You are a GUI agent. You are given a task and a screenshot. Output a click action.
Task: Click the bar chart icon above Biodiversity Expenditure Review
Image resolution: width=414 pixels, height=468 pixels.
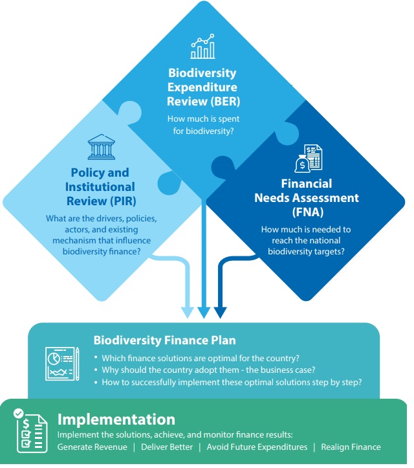203,46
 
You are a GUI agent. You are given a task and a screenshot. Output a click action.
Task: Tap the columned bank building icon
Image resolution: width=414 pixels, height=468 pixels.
102,147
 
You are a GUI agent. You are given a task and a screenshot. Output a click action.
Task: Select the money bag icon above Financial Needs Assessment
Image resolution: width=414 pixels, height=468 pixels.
309,159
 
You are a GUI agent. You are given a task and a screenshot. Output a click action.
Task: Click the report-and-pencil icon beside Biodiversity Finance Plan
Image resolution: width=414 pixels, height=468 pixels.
62,364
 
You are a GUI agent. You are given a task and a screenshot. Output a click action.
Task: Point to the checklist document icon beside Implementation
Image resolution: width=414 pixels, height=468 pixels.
30,430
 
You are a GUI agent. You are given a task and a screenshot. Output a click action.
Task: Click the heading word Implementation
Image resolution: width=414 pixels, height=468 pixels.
116,419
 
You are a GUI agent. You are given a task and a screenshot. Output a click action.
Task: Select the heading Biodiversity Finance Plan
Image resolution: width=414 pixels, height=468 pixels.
165,340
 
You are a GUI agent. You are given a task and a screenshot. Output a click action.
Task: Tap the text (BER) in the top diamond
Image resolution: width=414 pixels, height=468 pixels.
226,102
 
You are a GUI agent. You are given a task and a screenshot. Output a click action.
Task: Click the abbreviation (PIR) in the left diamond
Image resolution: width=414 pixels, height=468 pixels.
123,201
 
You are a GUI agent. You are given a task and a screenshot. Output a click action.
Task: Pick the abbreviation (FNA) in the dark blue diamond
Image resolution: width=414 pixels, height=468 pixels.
308,212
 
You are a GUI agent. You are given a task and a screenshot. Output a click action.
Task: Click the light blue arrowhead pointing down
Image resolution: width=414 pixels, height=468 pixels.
188,313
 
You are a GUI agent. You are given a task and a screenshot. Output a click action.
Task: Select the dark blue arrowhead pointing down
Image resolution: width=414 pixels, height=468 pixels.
221,313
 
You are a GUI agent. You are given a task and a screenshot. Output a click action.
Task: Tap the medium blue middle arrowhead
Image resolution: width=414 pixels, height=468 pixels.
204,313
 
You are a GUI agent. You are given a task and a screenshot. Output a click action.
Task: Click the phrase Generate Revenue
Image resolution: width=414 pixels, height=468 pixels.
92,447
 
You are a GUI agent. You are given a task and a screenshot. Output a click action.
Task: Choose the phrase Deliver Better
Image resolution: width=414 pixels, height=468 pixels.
167,447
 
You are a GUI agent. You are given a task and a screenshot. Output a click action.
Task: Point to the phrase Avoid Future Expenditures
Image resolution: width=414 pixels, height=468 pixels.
257,447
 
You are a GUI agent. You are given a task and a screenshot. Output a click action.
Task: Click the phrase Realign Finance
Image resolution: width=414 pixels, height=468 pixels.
351,447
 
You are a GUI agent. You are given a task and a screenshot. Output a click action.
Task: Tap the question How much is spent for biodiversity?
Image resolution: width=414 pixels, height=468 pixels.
203,125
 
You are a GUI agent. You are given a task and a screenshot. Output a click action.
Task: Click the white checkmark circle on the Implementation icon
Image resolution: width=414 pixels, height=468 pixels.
19,414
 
